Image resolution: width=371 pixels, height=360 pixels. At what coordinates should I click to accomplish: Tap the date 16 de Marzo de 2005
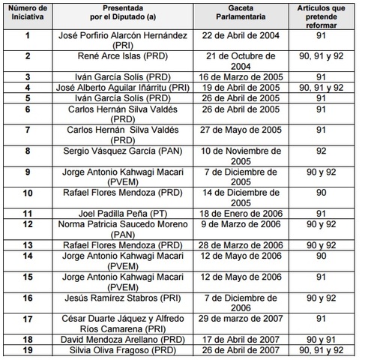(x=239, y=76)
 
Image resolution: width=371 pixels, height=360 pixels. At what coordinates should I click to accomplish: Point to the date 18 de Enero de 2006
(x=239, y=212)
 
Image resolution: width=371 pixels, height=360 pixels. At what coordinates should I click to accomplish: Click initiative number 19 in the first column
(x=28, y=349)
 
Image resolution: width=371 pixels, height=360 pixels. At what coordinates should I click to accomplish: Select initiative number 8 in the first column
(x=28, y=150)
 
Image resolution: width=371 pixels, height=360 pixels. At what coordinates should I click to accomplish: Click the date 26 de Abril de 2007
(x=239, y=349)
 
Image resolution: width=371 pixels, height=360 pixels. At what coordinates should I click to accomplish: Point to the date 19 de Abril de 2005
(x=239, y=87)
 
